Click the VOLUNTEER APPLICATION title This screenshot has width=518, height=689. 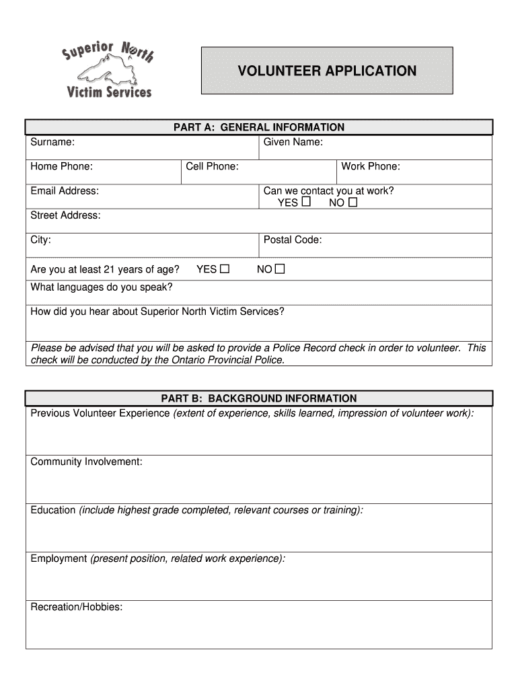tap(327, 71)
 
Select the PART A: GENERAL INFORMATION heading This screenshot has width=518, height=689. tap(259, 127)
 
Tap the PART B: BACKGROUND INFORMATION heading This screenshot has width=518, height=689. tap(259, 398)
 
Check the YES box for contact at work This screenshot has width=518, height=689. tap(306, 202)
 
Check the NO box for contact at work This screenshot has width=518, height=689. tap(353, 202)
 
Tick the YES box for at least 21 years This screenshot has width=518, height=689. tap(225, 269)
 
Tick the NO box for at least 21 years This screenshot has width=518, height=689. tap(280, 269)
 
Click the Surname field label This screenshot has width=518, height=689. tap(52, 142)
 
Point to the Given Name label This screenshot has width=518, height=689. tap(293, 142)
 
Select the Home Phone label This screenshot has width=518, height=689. tap(61, 166)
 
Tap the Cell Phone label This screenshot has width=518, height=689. tap(212, 166)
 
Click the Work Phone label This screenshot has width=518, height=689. tap(370, 166)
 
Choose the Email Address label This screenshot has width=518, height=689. tap(65, 190)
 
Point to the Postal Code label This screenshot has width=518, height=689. tap(292, 240)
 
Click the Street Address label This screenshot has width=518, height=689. tap(65, 215)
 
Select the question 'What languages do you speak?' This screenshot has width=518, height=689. tap(102, 287)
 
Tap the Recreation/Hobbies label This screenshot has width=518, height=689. tap(76, 607)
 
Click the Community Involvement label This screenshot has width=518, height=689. tap(86, 462)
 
